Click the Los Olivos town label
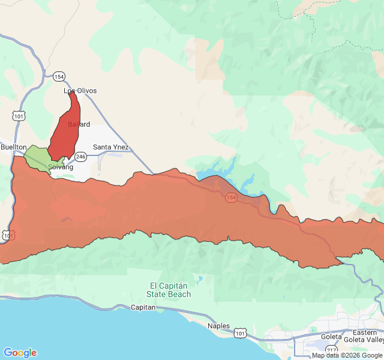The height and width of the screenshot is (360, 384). click(80, 91)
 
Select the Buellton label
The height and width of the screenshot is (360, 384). click(13, 147)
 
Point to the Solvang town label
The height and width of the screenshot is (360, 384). click(60, 167)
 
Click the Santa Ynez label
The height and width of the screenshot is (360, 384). click(110, 147)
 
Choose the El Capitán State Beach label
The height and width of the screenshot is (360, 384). click(169, 290)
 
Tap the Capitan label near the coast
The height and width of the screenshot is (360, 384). click(143, 307)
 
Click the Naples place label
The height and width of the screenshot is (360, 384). click(218, 326)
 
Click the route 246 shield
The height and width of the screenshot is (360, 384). click(82, 157)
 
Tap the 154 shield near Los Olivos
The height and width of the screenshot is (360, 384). click(59, 76)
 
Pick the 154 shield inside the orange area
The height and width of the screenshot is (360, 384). click(231, 197)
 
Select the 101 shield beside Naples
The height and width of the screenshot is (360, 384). click(240, 332)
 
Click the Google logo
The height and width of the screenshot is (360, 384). click(20, 353)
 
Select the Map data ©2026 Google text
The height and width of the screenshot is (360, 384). click(347, 355)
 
